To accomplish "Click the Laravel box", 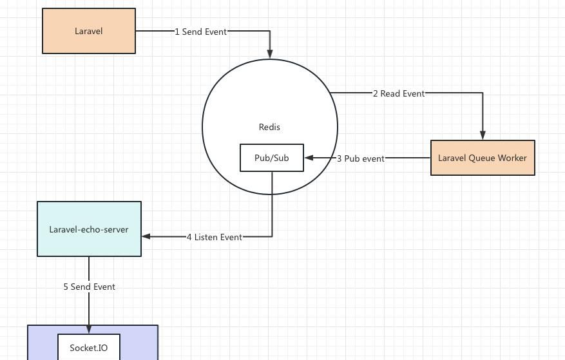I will pyautogui.click(x=89, y=31).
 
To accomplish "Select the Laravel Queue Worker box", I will pyautogui.click(x=483, y=158).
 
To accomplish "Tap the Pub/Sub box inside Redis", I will pyautogui.click(x=271, y=158).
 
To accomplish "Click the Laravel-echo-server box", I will pyautogui.click(x=89, y=229).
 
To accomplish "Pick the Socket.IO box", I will pyautogui.click(x=89, y=348).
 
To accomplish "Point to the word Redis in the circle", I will pyautogui.click(x=269, y=127).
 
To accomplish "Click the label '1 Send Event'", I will pyautogui.click(x=201, y=32).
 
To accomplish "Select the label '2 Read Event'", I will pyautogui.click(x=399, y=93).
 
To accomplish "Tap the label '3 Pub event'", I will pyautogui.click(x=361, y=158).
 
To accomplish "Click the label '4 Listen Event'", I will pyautogui.click(x=215, y=237).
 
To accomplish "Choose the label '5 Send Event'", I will pyautogui.click(x=89, y=287).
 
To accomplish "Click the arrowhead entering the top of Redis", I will pyautogui.click(x=270, y=54).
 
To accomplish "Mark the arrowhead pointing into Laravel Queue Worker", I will pyautogui.click(x=483, y=135).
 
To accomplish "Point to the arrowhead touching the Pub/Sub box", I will pyautogui.click(x=309, y=158).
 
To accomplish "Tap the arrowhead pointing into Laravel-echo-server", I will pyautogui.click(x=146, y=236).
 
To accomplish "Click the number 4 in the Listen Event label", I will pyautogui.click(x=189, y=237).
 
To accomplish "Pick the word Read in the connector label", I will pyautogui.click(x=390, y=93).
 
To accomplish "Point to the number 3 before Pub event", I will pyautogui.click(x=340, y=158).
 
